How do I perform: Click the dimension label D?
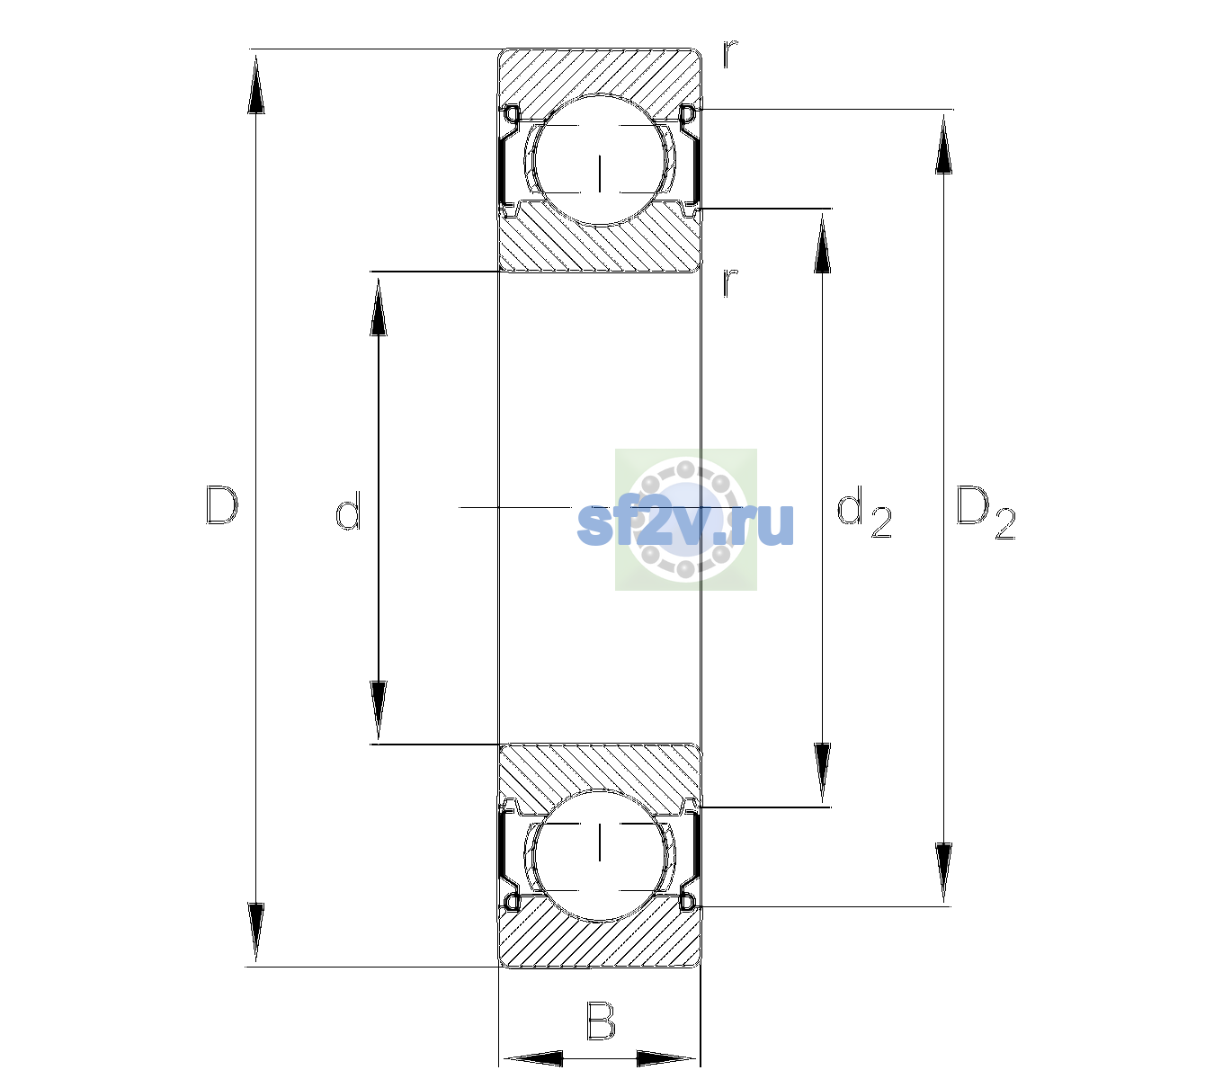[222, 505]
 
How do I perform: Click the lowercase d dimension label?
[348, 510]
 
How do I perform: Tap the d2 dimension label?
[863, 511]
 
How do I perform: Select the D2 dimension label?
[986, 513]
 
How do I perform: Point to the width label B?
[600, 1021]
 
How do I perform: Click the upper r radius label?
[730, 54]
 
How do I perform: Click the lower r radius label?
[730, 282]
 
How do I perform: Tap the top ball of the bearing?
[600, 159]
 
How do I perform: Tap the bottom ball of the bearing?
[600, 855]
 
